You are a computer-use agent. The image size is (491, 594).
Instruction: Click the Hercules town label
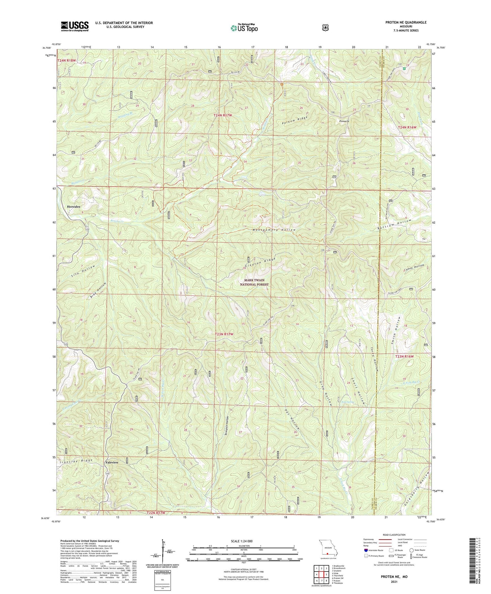tap(73, 207)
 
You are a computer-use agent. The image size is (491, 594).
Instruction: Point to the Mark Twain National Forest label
tap(254, 282)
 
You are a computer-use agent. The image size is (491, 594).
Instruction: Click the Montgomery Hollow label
tap(274, 230)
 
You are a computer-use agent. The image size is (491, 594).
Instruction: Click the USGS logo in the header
tap(75, 26)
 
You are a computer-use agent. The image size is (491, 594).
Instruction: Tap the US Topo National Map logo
tap(244, 28)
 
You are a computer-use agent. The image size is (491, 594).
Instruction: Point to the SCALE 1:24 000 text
tap(242, 541)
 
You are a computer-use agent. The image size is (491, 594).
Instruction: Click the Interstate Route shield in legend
tap(366, 550)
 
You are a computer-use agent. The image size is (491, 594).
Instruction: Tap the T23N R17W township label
tap(224, 334)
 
